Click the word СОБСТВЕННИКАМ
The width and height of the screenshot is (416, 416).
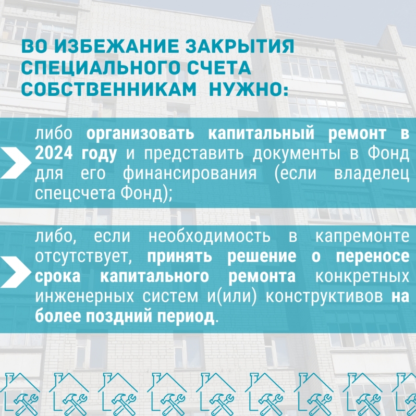pos(109,90)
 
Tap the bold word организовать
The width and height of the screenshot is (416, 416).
pos(140,133)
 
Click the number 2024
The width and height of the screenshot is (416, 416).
pos(54,153)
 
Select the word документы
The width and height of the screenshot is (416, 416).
pos(296,154)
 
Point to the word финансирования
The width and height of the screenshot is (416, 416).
pos(190,174)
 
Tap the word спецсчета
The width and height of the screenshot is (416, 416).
pos(75,194)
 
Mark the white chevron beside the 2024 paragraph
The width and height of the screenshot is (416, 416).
pos(16,163)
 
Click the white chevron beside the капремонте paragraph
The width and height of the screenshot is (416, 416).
pos(16,272)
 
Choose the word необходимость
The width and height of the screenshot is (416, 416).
pos(210,236)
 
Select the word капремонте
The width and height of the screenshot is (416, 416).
pos(362,237)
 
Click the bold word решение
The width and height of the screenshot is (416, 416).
pos(262,257)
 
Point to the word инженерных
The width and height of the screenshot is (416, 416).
pos(84,297)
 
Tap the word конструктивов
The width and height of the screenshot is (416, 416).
pos(324,297)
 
